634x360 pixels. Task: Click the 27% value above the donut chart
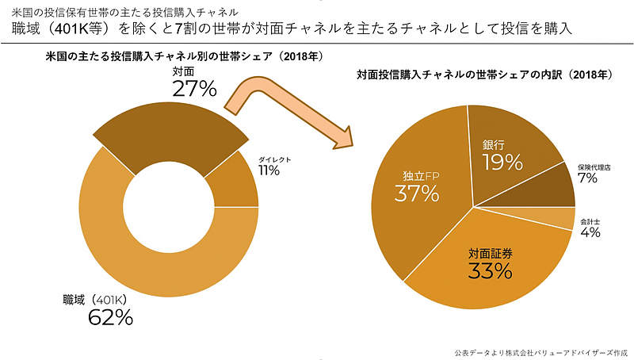click(194, 88)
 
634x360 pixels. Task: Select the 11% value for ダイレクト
click(269, 170)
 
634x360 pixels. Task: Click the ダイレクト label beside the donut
click(275, 159)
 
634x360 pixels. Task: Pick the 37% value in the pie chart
click(418, 193)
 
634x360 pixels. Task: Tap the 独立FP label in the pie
click(416, 174)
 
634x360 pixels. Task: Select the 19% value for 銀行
click(502, 163)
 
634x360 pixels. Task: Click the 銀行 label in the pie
click(494, 146)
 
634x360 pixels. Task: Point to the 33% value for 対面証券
click(491, 271)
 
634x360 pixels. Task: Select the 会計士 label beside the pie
click(589, 221)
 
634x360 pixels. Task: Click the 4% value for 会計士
click(590, 232)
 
